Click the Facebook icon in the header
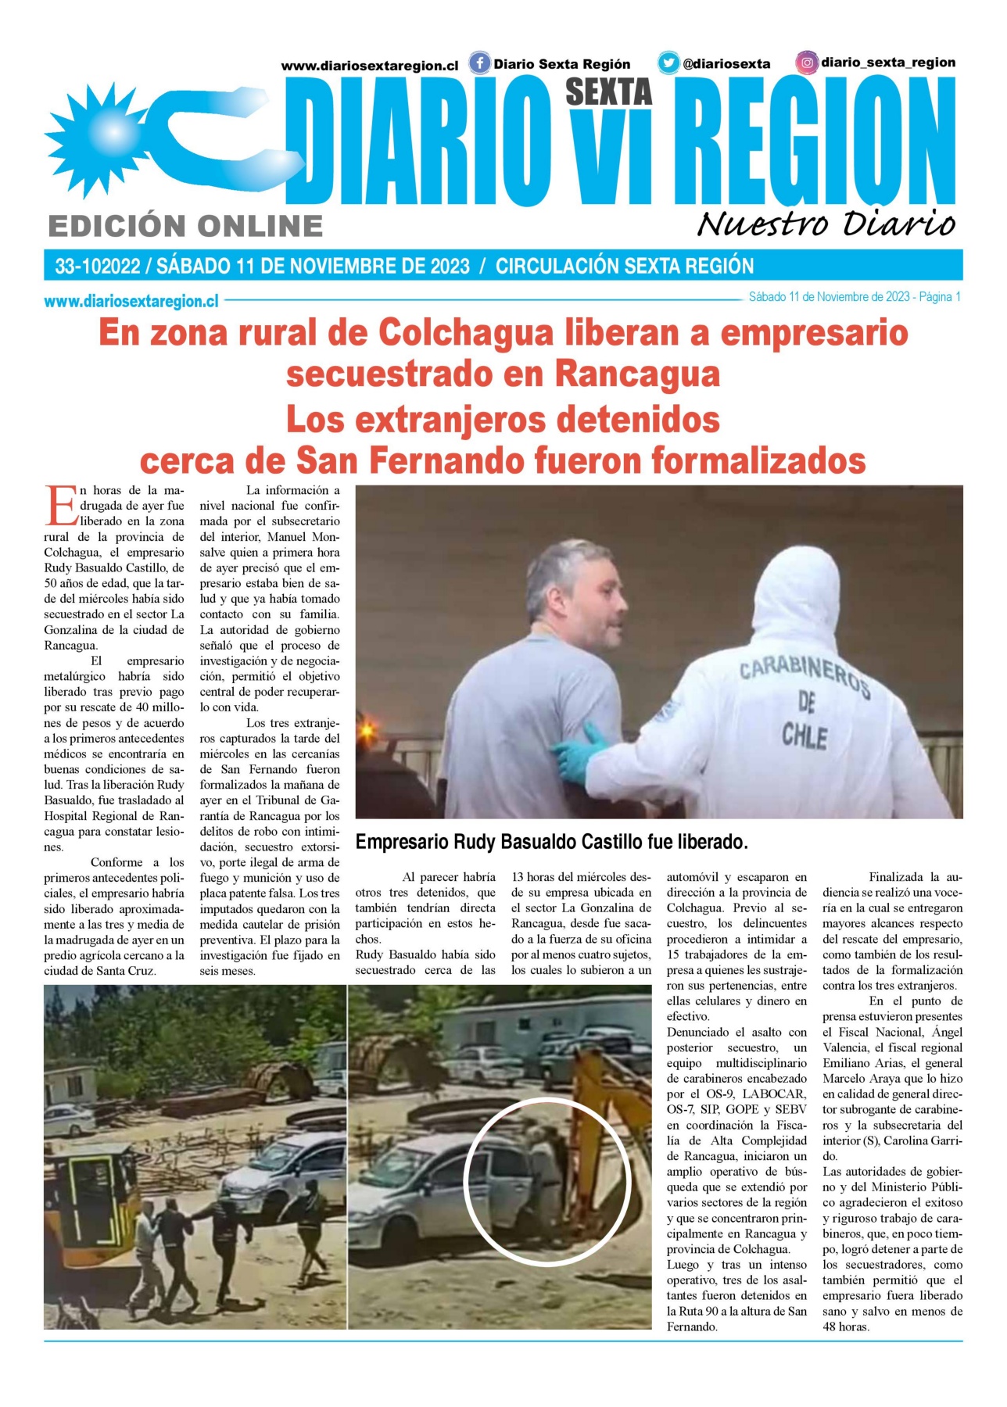pos(479,63)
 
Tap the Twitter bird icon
pos(668,63)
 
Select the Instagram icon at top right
pos(807,62)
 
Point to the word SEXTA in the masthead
pos(608,92)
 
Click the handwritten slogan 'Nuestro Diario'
pos(826,224)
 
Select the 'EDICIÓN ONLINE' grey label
pos(185,226)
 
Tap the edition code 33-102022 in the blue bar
pos(97,267)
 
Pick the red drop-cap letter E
pos(60,506)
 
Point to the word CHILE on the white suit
pos(805,736)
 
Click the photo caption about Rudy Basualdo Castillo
pos(551,842)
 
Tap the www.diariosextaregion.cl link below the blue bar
pos(131,300)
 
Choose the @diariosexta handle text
pos(726,64)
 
